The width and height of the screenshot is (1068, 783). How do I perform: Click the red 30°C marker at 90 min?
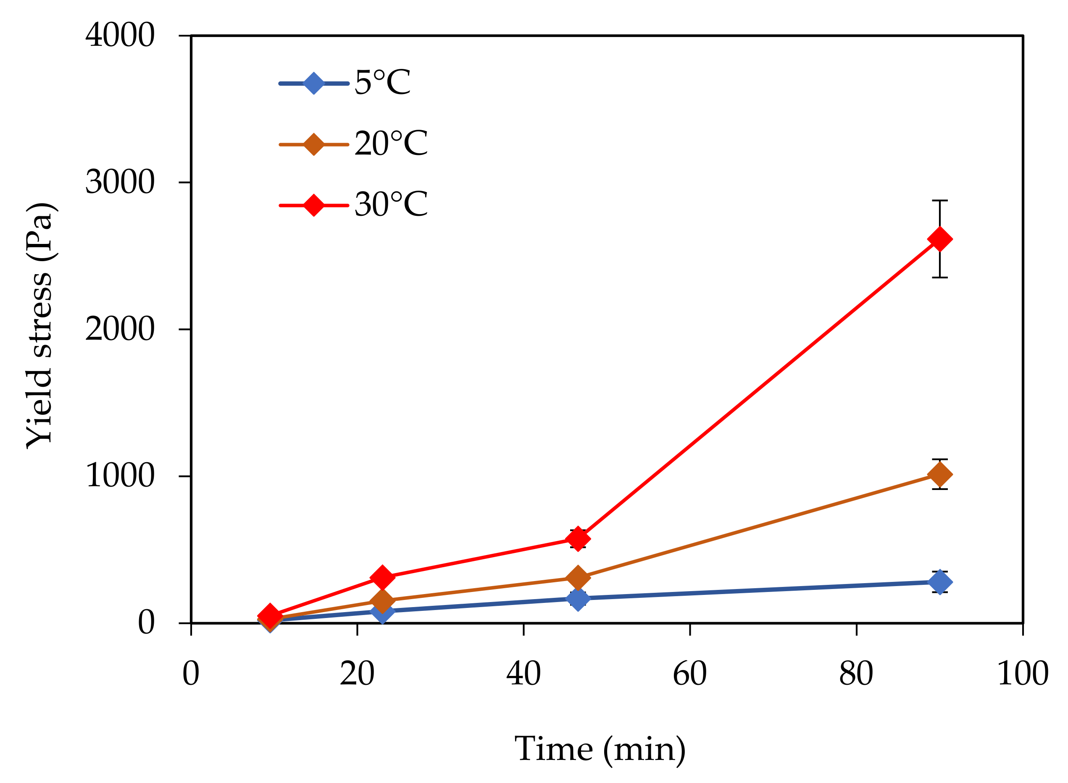(939, 239)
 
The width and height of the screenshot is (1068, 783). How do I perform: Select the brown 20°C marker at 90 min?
(939, 474)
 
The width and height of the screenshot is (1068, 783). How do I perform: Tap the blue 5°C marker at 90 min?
(939, 582)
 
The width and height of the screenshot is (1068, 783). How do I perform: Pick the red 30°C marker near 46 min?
(578, 539)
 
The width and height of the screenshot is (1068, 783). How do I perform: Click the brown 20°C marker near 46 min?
(578, 578)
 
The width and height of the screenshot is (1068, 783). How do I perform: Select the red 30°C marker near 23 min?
(382, 577)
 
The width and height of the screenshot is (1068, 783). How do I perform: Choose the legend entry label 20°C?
(391, 144)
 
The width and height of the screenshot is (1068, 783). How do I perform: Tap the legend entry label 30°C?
(391, 205)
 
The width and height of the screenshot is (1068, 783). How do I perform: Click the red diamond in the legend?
(313, 205)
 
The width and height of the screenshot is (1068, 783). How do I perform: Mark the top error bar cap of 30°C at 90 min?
(939, 201)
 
